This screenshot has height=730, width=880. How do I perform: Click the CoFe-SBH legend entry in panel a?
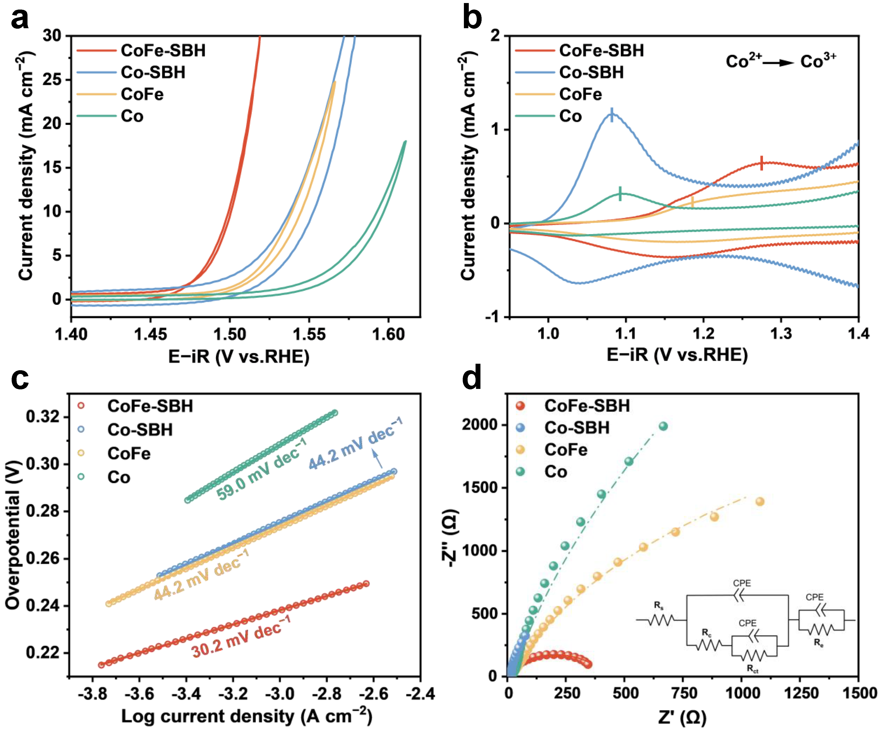[162, 51]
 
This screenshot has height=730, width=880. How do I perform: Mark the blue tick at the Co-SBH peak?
[612, 114]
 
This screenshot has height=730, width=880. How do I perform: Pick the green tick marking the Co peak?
[620, 193]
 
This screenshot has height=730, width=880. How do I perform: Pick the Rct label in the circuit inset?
[753, 669]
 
